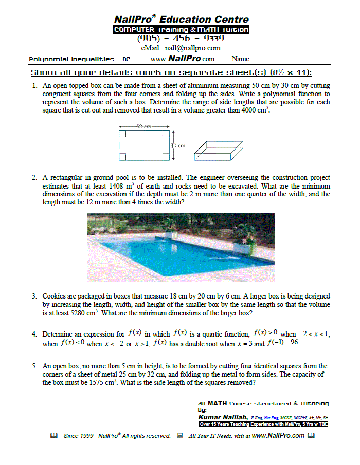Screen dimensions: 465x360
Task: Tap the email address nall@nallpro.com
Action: click(x=180, y=48)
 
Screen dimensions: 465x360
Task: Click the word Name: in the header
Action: click(x=241, y=59)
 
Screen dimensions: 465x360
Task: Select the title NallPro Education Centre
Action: click(x=181, y=20)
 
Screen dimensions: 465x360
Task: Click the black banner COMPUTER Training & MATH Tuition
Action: click(x=181, y=30)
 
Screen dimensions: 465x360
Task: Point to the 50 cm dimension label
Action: click(x=144, y=126)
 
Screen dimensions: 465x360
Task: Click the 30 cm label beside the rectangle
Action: click(x=177, y=145)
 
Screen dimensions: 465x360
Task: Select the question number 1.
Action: click(x=33, y=86)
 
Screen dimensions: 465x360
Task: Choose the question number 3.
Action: click(x=33, y=296)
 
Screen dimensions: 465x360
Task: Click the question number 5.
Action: click(x=33, y=366)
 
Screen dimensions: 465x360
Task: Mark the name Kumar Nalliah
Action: click(x=223, y=418)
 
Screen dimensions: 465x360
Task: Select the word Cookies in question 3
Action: click(x=55, y=296)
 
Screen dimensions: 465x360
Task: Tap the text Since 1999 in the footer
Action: click(x=80, y=436)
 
